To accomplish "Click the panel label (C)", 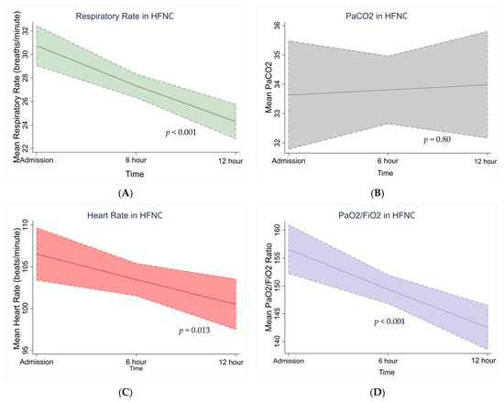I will [124, 392].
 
